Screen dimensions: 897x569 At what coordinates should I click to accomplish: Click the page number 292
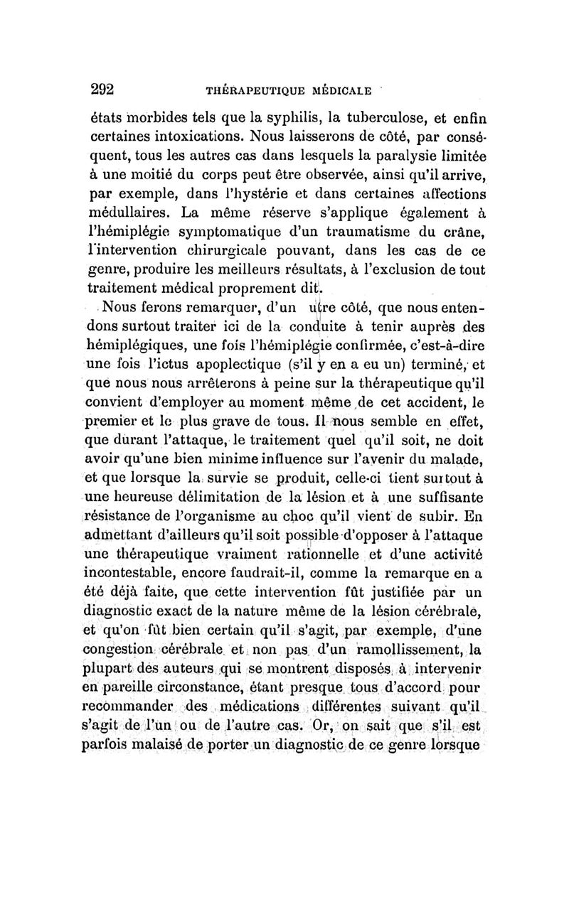pyautogui.click(x=103, y=90)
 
